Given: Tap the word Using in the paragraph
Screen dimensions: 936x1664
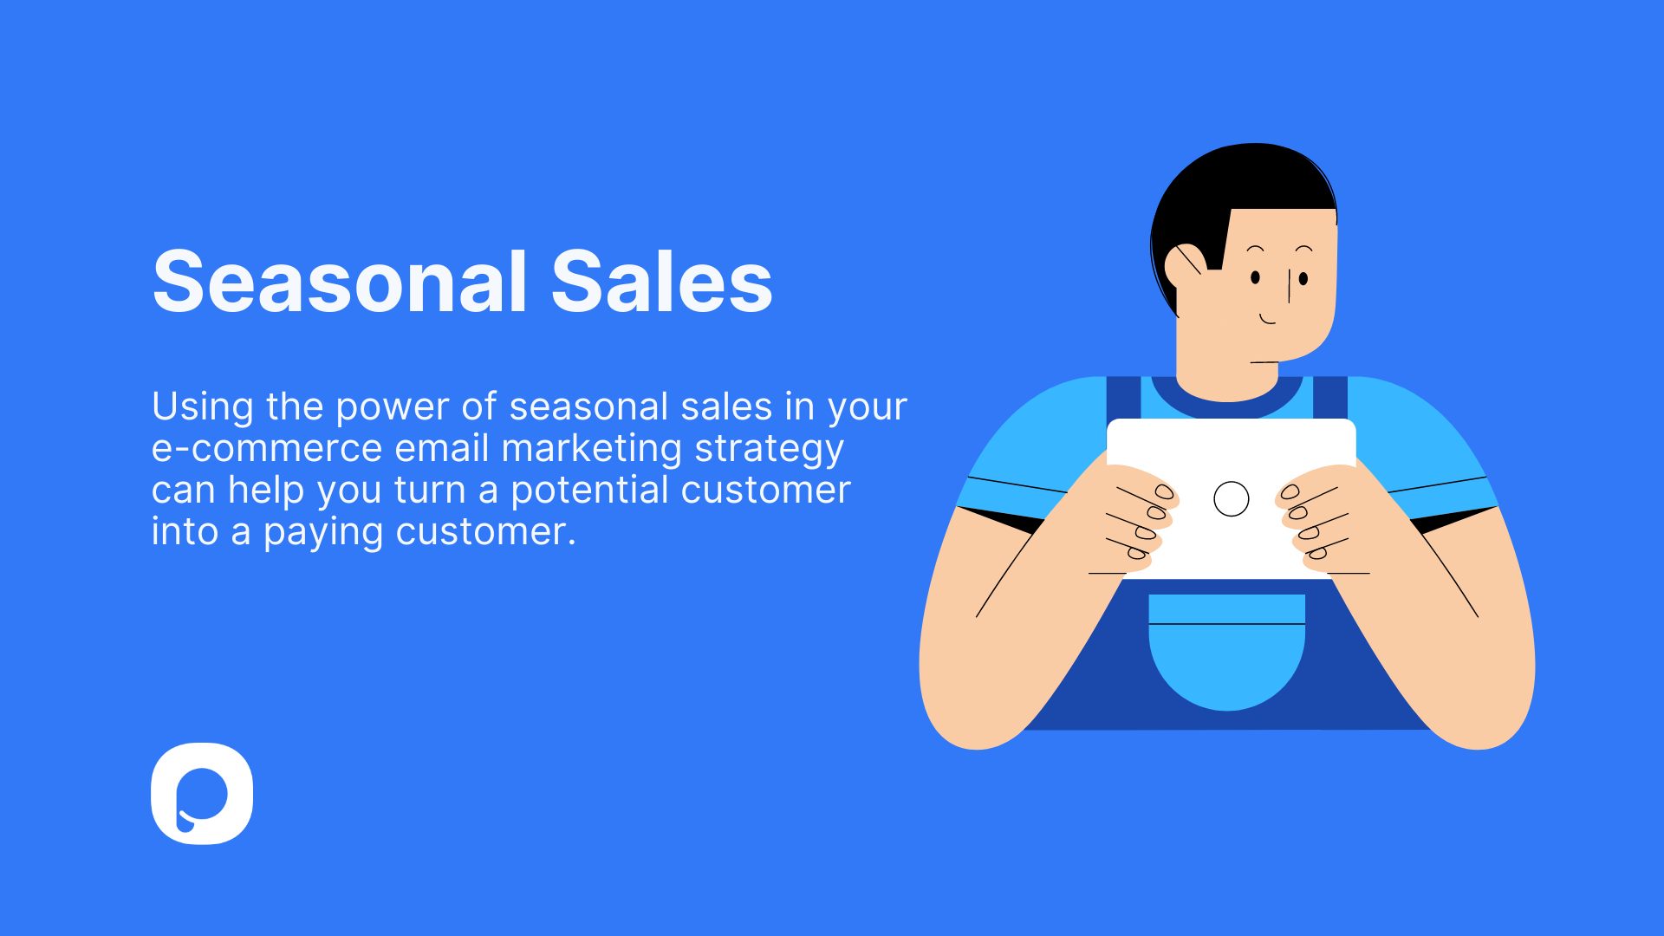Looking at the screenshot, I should pyautogui.click(x=203, y=406).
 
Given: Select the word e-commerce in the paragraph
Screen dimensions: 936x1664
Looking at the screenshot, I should pyautogui.click(x=267, y=448).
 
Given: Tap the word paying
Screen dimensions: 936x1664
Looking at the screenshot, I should pyautogui.click(x=323, y=532).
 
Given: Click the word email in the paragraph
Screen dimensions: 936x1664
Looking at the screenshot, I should pyautogui.click(x=442, y=448).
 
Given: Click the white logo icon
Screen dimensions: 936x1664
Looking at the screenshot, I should pyautogui.click(x=202, y=793).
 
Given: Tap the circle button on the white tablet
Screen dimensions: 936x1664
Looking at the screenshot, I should pyautogui.click(x=1231, y=499).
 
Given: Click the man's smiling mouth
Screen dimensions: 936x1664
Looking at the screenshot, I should pyautogui.click(x=1267, y=319).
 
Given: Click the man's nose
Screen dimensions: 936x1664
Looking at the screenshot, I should pyautogui.click(x=1290, y=286).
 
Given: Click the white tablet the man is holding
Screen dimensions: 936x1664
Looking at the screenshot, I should pyautogui.click(x=1231, y=451).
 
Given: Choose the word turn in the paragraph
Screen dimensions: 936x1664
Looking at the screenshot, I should pyautogui.click(x=429, y=491).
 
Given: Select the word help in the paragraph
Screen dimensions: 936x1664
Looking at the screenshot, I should pyautogui.click(x=265, y=491).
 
